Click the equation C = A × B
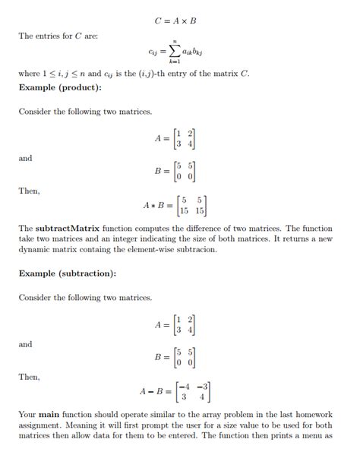[x=179, y=21]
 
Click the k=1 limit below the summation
[x=175, y=63]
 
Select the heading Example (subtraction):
[x=68, y=273]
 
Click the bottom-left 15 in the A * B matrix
[x=182, y=210]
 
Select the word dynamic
[x=35, y=248]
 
